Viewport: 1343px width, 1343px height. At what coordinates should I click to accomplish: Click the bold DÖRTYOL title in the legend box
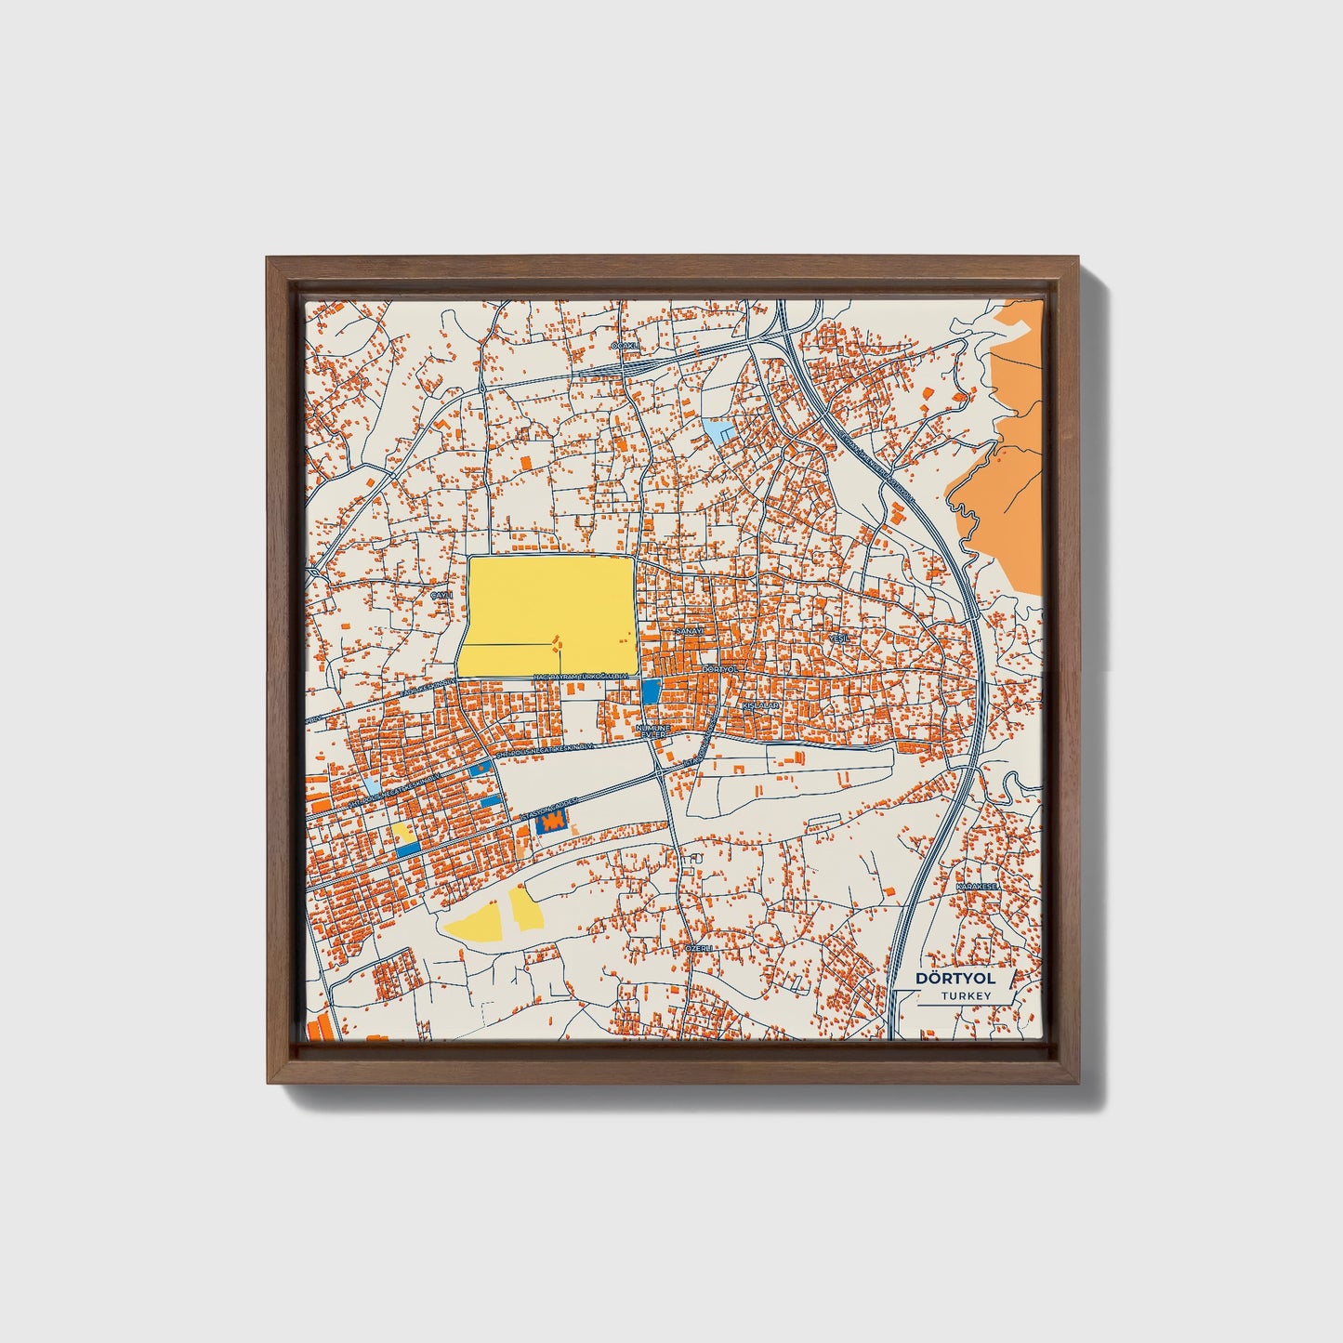[x=955, y=978]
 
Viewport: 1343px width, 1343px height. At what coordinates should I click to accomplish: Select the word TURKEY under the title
[x=965, y=996]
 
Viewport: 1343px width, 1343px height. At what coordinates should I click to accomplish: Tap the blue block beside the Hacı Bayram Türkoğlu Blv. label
[x=651, y=691]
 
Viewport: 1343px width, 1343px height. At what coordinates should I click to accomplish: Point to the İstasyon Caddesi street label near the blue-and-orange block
[x=553, y=805]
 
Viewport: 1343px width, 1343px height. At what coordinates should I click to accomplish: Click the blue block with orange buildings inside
[x=555, y=822]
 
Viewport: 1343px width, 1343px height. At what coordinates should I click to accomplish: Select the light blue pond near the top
[x=717, y=429]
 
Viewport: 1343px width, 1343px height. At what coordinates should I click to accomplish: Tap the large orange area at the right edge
[x=1004, y=483]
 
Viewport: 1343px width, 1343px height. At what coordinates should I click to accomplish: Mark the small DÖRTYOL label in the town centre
[x=719, y=669]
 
